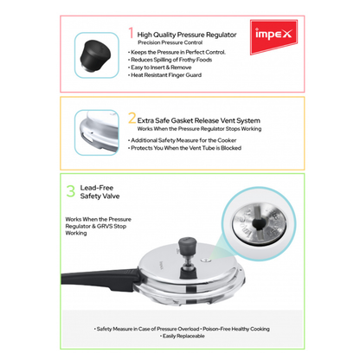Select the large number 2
click(x=132, y=119)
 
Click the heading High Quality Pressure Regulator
click(x=184, y=32)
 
